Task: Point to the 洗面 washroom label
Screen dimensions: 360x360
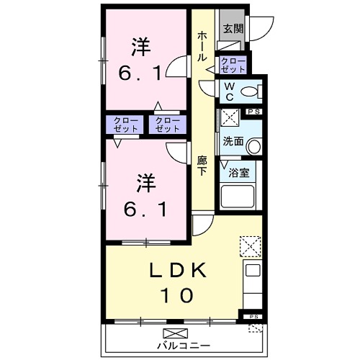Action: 232,141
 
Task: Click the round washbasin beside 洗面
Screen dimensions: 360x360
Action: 253,146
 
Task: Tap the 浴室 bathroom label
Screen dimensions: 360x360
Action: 238,172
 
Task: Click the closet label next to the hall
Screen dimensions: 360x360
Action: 233,64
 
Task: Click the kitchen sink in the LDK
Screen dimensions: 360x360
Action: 251,271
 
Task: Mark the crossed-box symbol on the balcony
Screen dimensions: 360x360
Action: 174,333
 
